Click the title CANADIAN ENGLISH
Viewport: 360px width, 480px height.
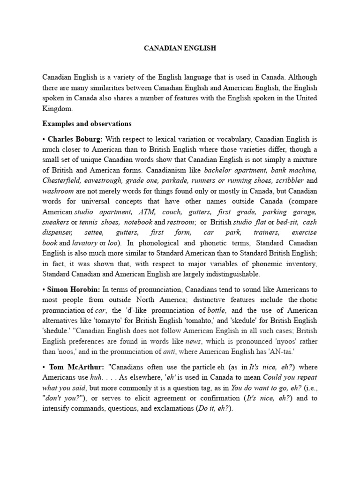pyautogui.click(x=180, y=48)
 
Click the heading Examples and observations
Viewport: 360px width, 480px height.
pyautogui.click(x=87, y=124)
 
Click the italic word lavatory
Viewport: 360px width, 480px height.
pyautogui.click(x=84, y=243)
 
